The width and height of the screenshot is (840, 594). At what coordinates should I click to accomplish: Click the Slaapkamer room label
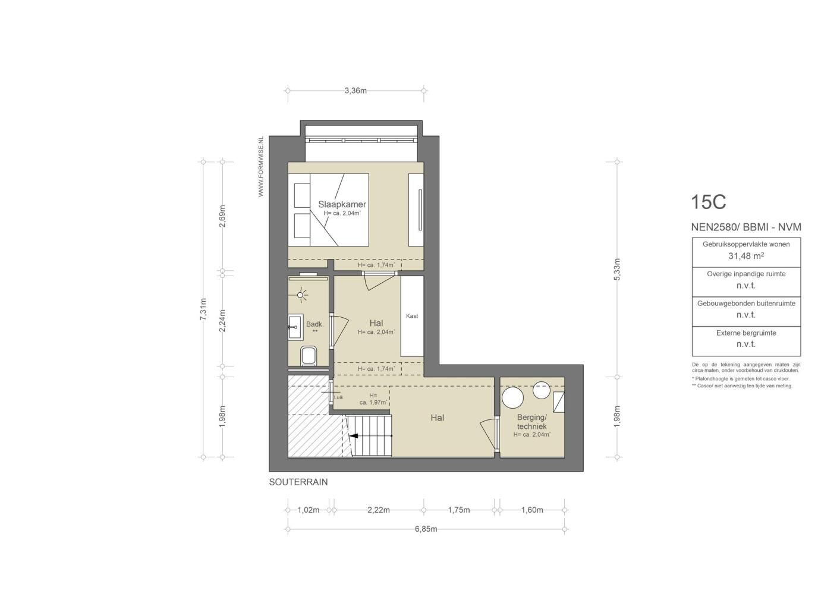[x=342, y=204]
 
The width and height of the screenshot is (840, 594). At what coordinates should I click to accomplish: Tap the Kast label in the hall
[x=412, y=316]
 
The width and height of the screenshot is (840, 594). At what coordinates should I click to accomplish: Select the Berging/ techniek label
[x=531, y=422]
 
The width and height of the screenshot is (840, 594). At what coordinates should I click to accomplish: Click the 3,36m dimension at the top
[x=355, y=91]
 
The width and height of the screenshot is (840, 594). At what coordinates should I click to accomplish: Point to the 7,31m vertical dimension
[x=203, y=309]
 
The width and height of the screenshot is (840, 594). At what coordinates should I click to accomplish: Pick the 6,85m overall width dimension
[x=426, y=529]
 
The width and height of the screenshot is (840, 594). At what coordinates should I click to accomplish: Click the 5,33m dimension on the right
[x=617, y=269]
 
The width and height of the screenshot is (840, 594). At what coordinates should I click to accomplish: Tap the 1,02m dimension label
[x=309, y=510]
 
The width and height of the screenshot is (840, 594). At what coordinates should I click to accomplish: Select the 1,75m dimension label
[x=458, y=510]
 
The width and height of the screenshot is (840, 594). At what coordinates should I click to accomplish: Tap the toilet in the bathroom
[x=309, y=356]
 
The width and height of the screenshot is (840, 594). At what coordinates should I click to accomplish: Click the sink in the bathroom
[x=296, y=327]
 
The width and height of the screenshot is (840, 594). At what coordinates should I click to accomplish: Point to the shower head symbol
[x=300, y=295]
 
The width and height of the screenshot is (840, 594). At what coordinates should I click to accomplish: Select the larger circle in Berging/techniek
[x=512, y=397]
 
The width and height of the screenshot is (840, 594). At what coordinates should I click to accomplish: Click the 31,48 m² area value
[x=746, y=256]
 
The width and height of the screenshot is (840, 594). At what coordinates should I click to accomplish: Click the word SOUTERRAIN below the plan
[x=298, y=482]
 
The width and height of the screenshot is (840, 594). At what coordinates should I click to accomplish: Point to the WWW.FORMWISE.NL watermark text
[x=261, y=166]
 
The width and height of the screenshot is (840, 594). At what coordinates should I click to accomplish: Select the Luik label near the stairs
[x=338, y=397]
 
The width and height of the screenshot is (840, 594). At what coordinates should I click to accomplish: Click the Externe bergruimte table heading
[x=746, y=333]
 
